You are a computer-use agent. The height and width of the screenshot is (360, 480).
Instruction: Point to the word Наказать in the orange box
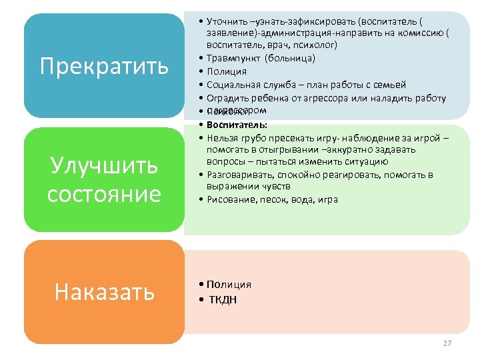click(x=105, y=291)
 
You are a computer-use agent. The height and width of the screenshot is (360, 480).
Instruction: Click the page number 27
click(x=447, y=343)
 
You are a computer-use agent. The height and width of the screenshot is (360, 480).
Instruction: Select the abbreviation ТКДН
click(x=223, y=299)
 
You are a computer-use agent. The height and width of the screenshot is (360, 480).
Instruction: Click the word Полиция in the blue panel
click(x=227, y=71)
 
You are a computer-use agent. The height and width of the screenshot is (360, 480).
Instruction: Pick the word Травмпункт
click(x=233, y=58)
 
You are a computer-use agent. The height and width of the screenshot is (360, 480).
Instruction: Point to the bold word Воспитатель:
click(x=237, y=125)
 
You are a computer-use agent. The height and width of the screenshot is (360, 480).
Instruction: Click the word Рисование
click(x=231, y=199)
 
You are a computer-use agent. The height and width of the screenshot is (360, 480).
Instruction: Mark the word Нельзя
click(x=222, y=138)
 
